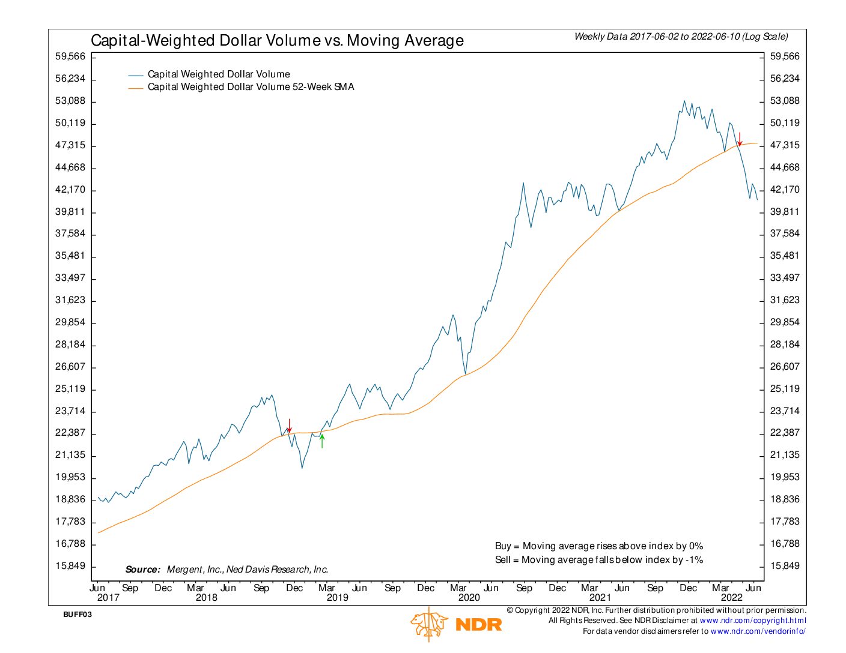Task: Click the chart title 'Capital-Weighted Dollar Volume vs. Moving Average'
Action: click(x=277, y=40)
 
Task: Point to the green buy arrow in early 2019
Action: click(x=323, y=441)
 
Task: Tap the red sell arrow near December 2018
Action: click(x=289, y=426)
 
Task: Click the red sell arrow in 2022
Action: click(x=740, y=139)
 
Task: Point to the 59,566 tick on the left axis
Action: click(x=70, y=56)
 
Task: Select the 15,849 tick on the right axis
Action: click(x=785, y=566)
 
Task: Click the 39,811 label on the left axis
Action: click(x=70, y=212)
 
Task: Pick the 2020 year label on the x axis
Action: click(x=469, y=598)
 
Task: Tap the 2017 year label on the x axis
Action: click(x=108, y=598)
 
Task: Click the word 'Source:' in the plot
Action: click(x=143, y=570)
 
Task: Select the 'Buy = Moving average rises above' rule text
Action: click(x=598, y=546)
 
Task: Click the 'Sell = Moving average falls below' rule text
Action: click(x=598, y=560)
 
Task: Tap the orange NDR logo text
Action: click(x=479, y=625)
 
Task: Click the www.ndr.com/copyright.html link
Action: click(x=753, y=621)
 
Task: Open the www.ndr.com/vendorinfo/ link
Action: click(x=758, y=631)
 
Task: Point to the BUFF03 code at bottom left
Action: click(x=78, y=615)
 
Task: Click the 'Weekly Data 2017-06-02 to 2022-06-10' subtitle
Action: click(x=681, y=37)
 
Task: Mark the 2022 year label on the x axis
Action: click(x=731, y=598)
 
